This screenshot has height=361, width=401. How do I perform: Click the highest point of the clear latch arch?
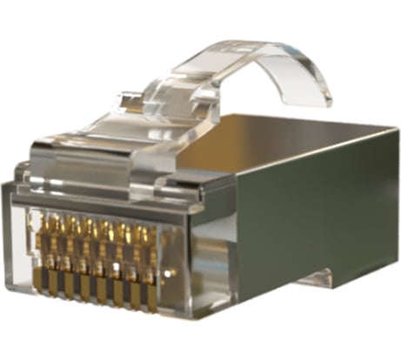coord(252,45)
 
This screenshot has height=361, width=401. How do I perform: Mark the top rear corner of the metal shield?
coord(396,130)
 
